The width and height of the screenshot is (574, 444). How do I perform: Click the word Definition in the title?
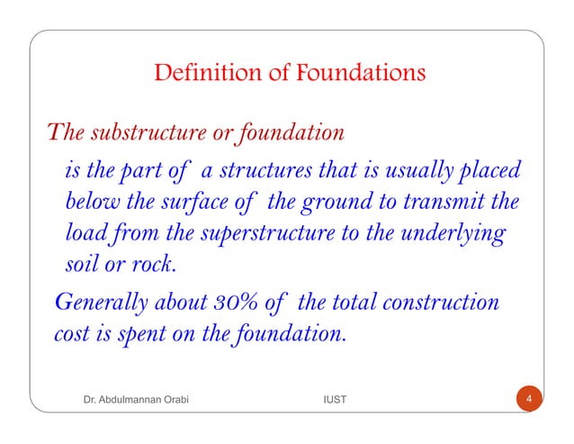point(201,71)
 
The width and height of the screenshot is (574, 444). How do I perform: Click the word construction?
point(443,302)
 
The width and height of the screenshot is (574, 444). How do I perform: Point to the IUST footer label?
point(334,398)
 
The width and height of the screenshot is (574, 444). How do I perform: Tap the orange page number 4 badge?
point(530,398)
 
